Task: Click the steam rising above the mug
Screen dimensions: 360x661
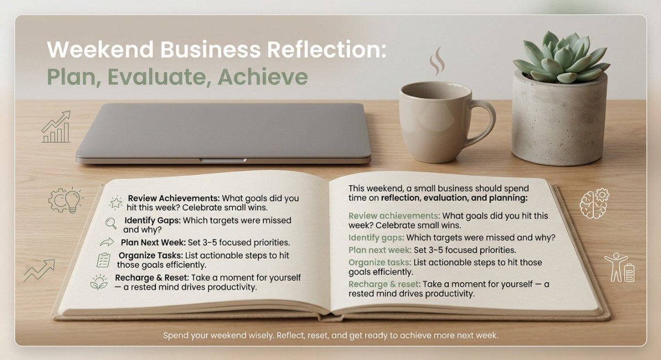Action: coord(437,61)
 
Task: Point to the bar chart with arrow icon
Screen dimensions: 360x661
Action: coord(56,127)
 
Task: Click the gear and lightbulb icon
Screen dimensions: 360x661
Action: coord(65,200)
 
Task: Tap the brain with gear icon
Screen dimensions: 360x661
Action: coord(594,203)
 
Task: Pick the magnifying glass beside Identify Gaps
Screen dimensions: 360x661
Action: coord(111,222)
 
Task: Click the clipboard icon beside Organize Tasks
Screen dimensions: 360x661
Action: coord(104,260)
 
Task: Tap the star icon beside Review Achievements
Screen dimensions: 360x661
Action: coord(116,202)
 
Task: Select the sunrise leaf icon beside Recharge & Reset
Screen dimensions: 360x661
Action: coord(99,282)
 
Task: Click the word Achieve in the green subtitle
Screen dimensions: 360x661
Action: coord(263,78)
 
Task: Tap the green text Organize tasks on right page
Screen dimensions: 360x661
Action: coord(379,262)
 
